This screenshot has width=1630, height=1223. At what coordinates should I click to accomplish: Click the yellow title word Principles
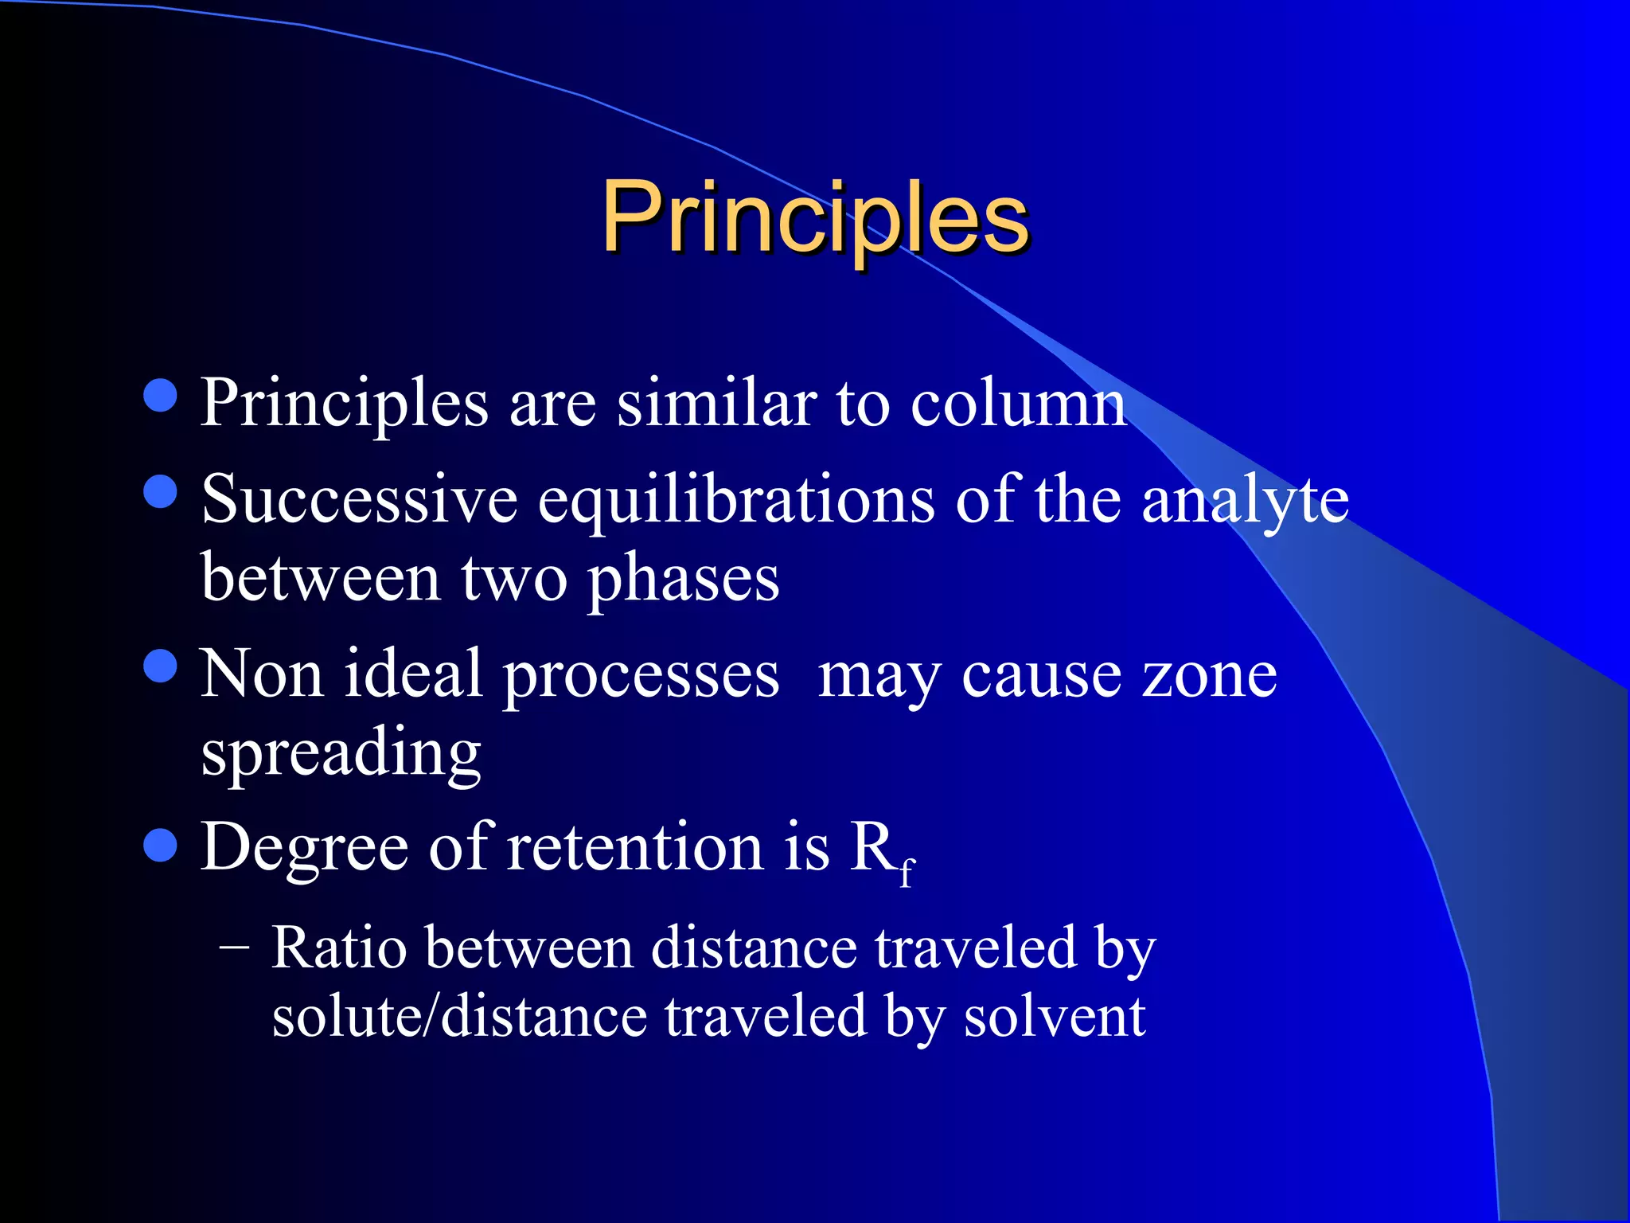coord(815,217)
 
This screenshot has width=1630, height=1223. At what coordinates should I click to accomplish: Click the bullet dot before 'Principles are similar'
coord(161,395)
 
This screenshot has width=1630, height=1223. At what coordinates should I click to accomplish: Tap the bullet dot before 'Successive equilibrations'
coord(161,491)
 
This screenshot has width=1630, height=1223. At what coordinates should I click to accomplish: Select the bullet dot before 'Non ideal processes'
coord(161,666)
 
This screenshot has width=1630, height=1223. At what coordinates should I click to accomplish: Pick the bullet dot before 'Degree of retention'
coord(161,845)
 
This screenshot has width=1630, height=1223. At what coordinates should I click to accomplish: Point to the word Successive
coord(359,500)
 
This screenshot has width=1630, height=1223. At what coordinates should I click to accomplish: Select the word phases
coord(684,580)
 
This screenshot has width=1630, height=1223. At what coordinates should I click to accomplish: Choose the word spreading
coord(341,753)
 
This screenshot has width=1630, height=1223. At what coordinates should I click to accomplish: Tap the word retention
coord(635,847)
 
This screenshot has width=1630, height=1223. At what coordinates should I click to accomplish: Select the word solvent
coord(1054,1018)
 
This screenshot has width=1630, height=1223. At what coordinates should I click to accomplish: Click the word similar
coord(716,403)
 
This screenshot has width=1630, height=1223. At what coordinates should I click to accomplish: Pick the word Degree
coord(304,849)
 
